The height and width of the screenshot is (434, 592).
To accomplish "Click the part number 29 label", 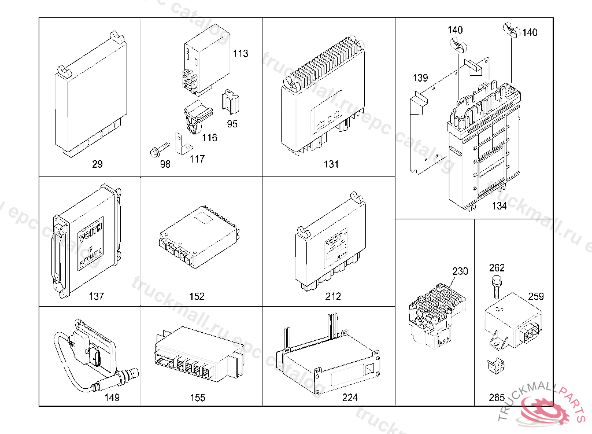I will click(97, 164).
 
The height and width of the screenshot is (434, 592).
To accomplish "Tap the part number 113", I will click(240, 54).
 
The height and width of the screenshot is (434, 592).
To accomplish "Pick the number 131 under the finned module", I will click(331, 164).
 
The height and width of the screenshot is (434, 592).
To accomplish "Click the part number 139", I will click(420, 78).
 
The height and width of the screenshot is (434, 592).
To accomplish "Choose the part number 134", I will click(499, 206).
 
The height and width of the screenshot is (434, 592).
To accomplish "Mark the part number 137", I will click(97, 296).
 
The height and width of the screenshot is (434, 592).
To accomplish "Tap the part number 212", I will click(334, 296).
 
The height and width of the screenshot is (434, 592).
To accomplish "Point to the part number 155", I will click(197, 398).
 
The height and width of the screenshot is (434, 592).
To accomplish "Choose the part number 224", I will click(350, 398).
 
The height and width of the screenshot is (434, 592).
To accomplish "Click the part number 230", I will click(460, 271).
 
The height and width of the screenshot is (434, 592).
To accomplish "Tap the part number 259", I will click(536, 296).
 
